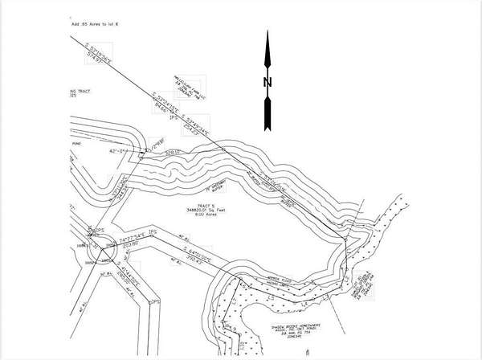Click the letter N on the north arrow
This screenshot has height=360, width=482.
pos(268,83)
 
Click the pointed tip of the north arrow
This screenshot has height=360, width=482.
pos(268,34)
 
